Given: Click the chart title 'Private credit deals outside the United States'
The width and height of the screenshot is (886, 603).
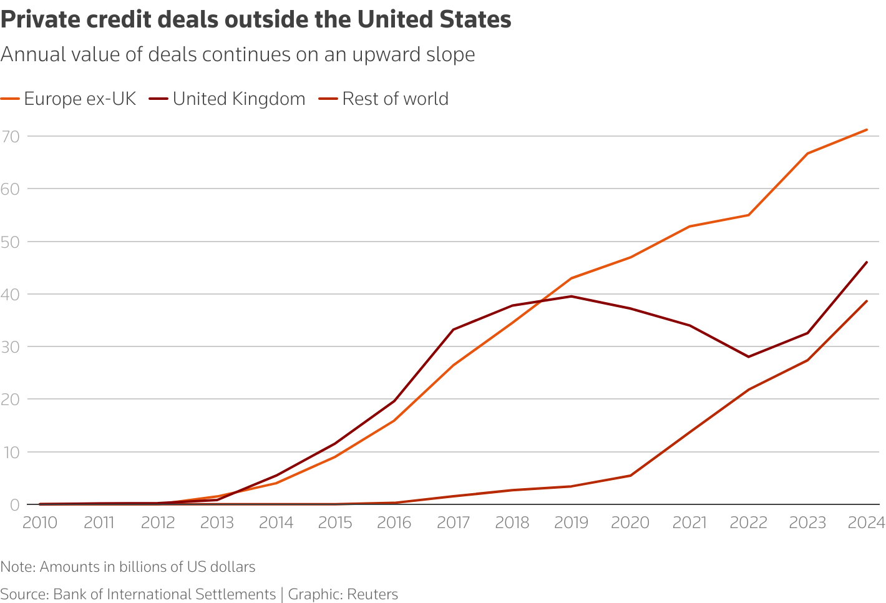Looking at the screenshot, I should coord(256,20).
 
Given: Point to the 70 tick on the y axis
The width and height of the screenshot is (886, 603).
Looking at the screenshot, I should coord(11,136).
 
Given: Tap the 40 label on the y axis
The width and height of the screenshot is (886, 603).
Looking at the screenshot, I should coord(11,294).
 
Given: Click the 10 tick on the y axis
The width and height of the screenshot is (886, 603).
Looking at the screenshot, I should coord(11,452).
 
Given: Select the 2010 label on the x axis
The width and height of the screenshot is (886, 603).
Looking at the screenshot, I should coord(40,522).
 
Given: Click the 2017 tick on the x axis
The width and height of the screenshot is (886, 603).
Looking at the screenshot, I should coord(453,522).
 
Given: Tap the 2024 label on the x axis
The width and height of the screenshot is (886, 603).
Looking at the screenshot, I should coord(866,522).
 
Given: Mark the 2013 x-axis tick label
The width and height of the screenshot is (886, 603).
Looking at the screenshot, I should coord(217,522).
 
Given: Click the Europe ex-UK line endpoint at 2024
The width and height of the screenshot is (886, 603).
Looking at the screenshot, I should coord(867,130).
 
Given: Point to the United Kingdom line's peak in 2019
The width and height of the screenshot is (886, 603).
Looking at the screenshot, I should coord(572,296).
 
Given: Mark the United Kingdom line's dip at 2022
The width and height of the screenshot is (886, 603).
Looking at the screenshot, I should coord(748,356).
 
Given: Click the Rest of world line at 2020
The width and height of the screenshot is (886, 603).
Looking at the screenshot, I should coord(630,476).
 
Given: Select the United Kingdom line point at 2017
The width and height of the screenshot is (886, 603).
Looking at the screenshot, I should coord(453,330).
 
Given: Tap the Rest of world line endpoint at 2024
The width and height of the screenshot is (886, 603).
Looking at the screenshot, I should coord(867,301).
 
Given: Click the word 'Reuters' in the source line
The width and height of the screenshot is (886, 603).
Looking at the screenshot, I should coord(372,594).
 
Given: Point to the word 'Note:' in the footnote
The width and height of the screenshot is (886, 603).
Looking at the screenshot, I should coord(18,567).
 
